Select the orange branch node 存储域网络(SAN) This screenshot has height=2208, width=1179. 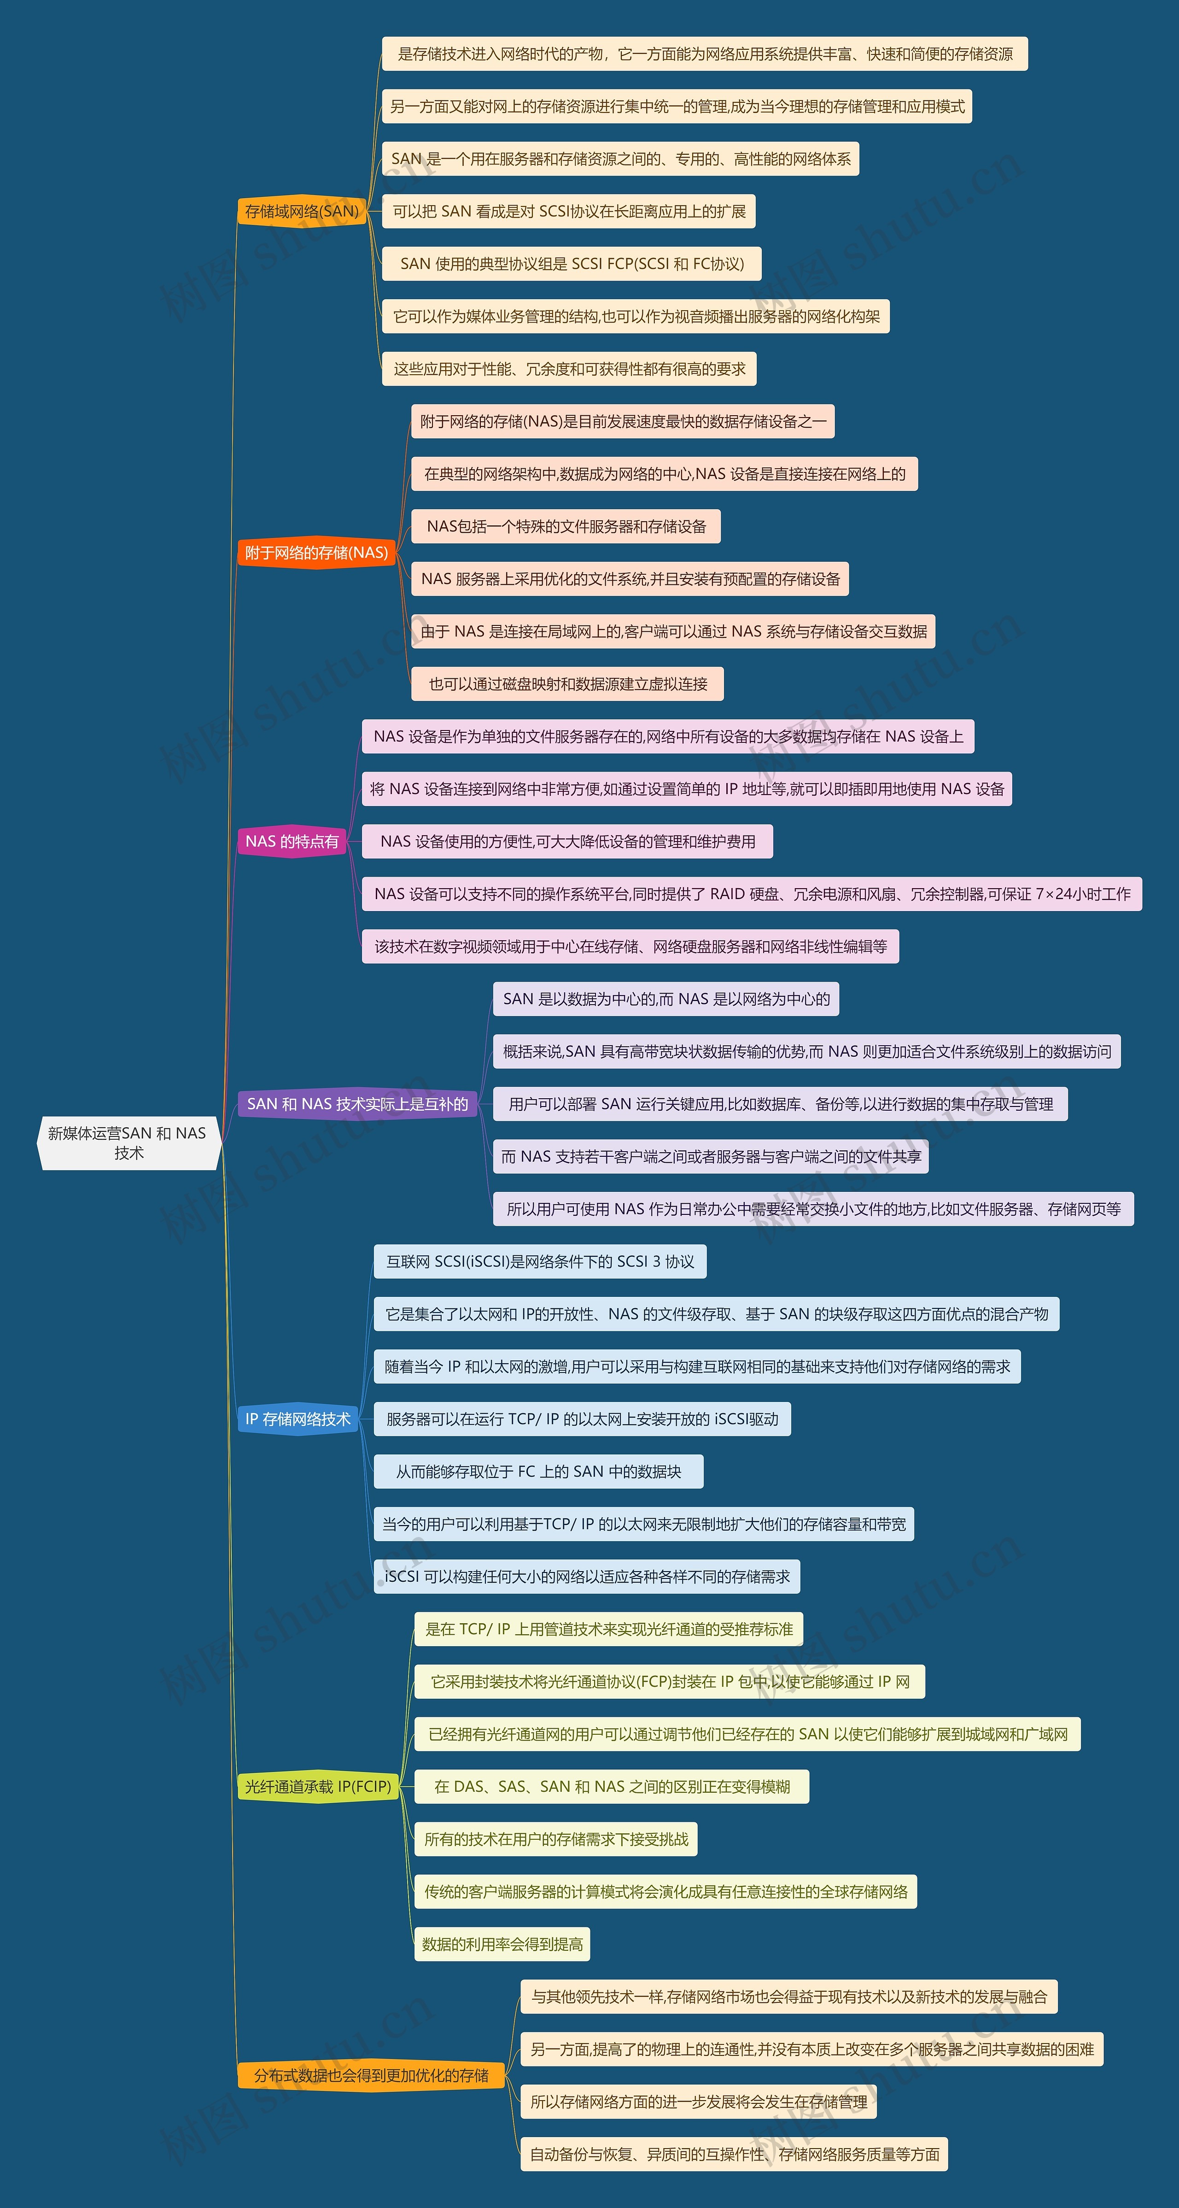(x=302, y=211)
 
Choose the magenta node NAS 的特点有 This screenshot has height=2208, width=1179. (x=292, y=842)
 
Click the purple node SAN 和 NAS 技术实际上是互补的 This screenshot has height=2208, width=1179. (x=357, y=1104)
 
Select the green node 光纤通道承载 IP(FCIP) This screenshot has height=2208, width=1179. (x=317, y=1786)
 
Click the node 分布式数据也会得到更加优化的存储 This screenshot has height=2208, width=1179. (x=371, y=2075)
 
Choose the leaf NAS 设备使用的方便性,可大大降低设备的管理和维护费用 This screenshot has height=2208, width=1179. (x=567, y=842)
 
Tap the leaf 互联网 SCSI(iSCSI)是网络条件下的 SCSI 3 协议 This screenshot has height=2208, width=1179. (x=540, y=1262)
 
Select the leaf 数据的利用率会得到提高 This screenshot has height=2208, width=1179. (x=502, y=1944)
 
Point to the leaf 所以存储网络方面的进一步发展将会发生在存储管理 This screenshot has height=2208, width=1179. (x=698, y=2102)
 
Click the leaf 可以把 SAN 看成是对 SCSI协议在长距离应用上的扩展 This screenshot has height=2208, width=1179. (x=569, y=212)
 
